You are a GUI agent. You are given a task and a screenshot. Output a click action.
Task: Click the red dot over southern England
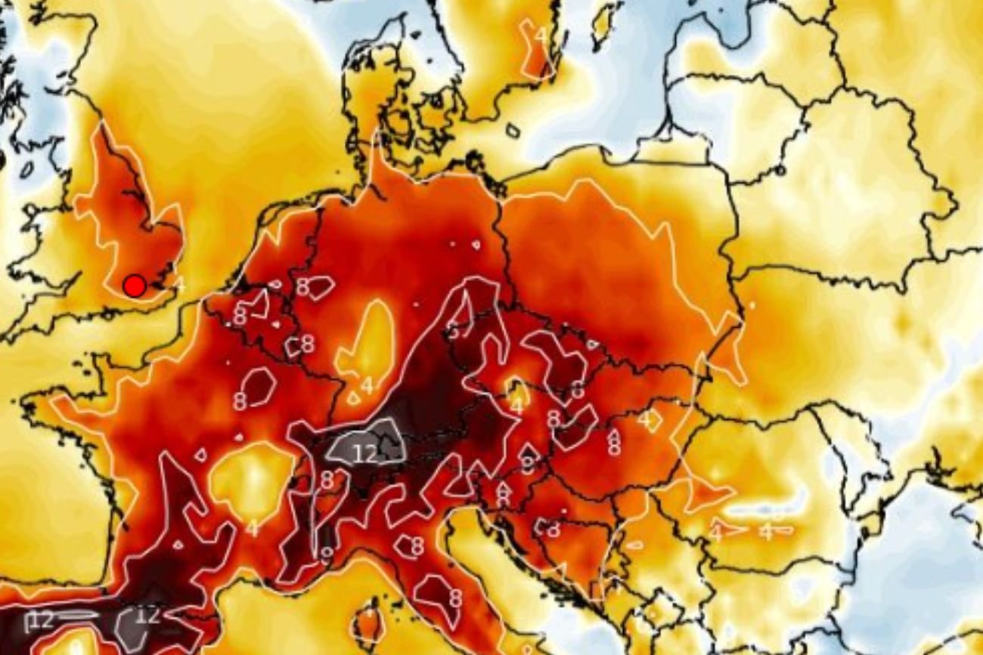click(x=135, y=286)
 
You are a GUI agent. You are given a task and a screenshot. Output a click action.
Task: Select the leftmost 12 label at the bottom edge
click(x=42, y=620)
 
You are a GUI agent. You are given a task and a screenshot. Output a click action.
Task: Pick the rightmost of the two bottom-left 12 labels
click(x=148, y=615)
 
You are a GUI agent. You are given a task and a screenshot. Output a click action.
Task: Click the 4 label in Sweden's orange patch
click(x=541, y=35)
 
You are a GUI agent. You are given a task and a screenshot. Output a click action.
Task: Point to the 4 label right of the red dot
click(x=179, y=285)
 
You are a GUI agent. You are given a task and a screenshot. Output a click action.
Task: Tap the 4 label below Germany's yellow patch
click(x=367, y=386)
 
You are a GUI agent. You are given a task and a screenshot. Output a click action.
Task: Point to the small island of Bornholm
click(x=513, y=131)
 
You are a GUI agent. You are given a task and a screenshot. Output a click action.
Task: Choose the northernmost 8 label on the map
click(x=302, y=286)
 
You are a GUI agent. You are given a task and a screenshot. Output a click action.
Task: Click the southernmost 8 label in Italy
click(x=455, y=598)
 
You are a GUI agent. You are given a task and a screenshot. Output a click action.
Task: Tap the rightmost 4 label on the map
click(x=767, y=532)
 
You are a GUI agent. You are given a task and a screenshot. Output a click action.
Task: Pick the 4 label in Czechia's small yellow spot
click(x=517, y=404)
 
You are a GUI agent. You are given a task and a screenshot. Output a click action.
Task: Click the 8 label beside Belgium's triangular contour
click(x=240, y=316)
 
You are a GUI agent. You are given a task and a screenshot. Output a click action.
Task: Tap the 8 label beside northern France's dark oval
click(x=240, y=400)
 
